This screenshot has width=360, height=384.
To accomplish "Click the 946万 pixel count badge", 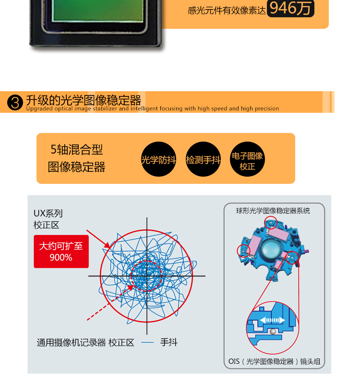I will pos(290,8).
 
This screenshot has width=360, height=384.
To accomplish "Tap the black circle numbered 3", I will pos(15,102).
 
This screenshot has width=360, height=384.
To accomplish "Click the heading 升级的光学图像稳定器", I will pos(84,100).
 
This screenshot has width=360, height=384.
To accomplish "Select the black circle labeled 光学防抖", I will pos(158,159).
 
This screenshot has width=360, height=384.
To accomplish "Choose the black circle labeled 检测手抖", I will pos(203,159).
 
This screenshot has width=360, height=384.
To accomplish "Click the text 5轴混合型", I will pos(77,150).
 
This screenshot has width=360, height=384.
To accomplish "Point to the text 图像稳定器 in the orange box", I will pos(77,167).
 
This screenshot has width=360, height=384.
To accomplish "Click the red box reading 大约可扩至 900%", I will pos(61,252).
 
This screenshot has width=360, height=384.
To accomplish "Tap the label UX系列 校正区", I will pos(48,219).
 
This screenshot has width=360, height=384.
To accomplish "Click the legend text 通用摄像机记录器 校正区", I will pos(85,343).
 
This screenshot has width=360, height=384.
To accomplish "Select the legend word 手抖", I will pos(169,342).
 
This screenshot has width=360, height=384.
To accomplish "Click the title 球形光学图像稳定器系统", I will pos(273,211).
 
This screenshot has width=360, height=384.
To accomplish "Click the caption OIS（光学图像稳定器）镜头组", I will pos(274,361).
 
